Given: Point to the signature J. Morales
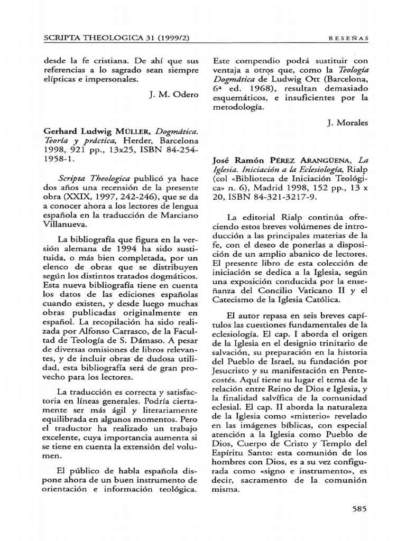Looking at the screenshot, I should tap(347, 123).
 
